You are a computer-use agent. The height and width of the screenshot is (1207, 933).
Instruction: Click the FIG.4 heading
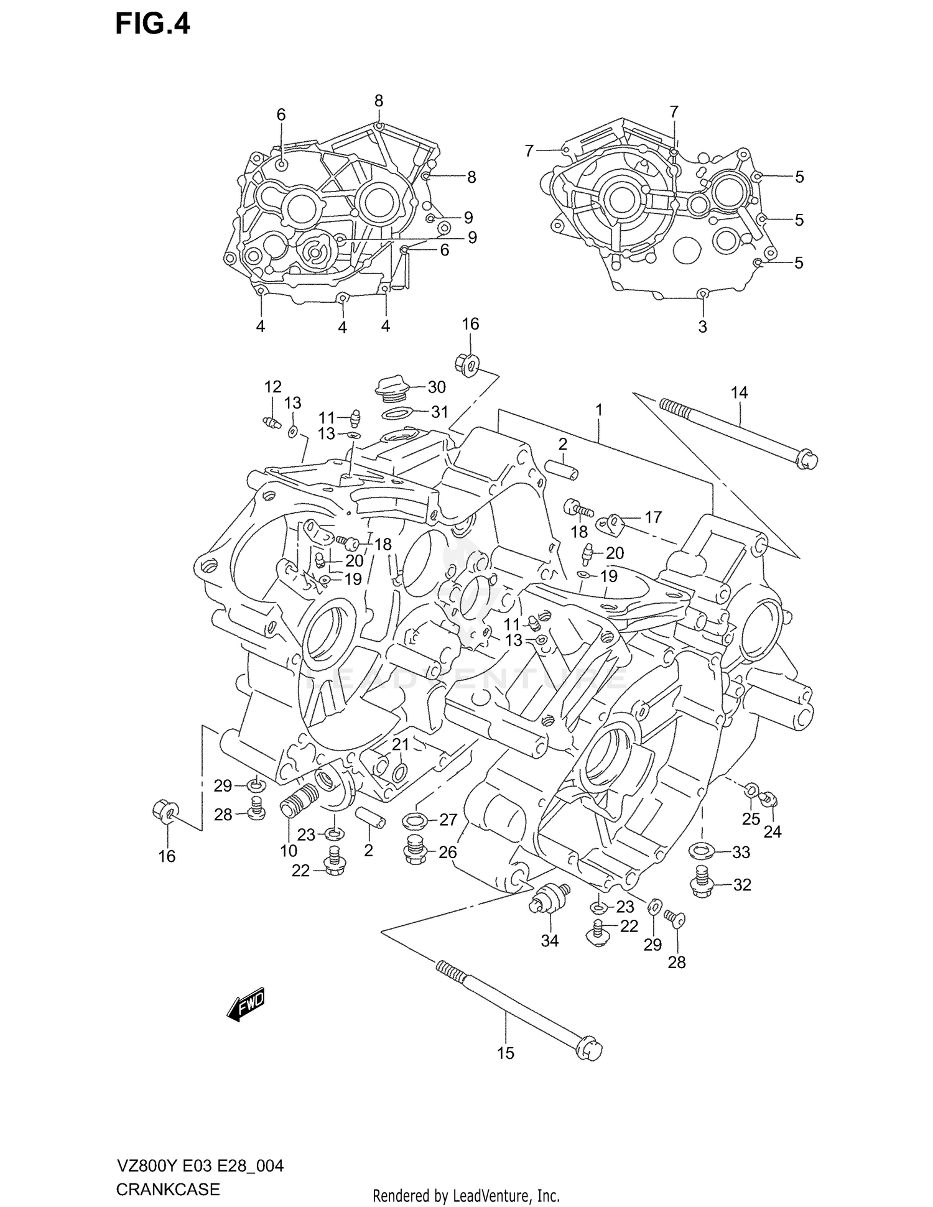point(152,25)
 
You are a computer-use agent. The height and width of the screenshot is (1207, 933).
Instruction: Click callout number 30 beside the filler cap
point(437,387)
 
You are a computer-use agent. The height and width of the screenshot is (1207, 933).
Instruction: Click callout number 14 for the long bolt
point(739,393)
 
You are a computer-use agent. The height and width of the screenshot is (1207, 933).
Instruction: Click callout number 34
point(549,941)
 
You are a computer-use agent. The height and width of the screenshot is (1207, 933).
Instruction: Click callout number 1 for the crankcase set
point(598,410)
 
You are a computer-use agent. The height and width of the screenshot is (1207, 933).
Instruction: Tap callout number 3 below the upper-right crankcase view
point(702,327)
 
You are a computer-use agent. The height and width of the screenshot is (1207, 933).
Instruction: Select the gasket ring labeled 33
point(702,849)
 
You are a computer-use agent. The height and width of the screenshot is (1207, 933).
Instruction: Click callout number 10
point(289,851)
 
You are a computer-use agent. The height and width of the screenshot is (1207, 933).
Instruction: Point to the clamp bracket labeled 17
point(613,523)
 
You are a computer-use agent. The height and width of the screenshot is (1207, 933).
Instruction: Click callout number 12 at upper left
point(272,387)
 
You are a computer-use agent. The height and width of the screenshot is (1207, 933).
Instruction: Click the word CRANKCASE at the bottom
point(168,1190)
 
